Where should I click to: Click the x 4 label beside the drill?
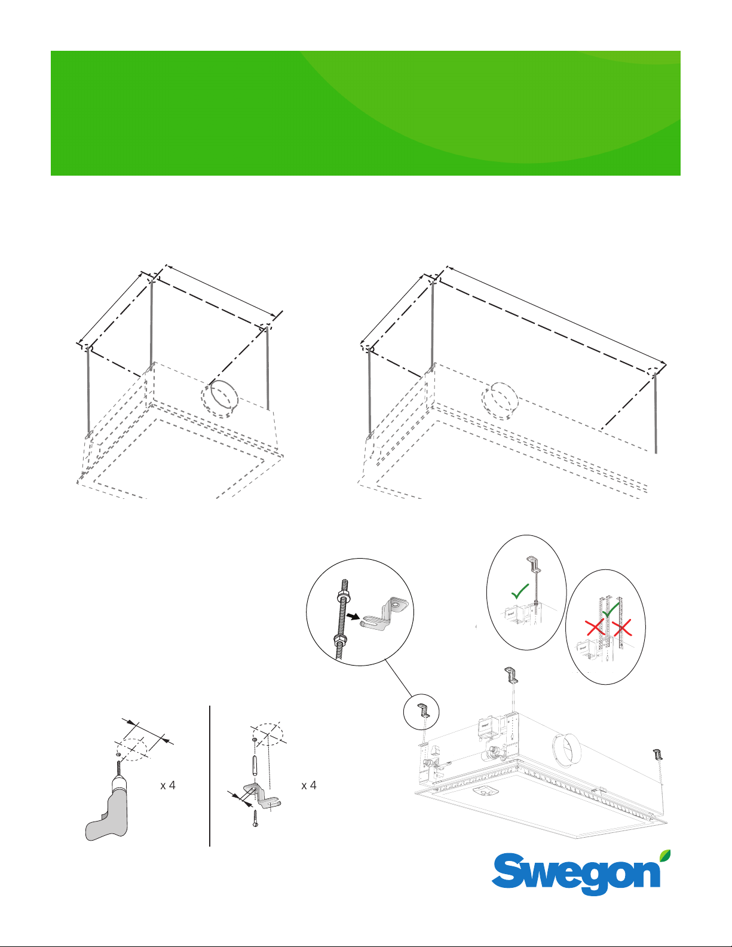pyautogui.click(x=168, y=785)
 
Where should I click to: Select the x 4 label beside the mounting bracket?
pyautogui.click(x=309, y=785)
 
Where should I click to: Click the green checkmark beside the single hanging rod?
pyautogui.click(x=520, y=592)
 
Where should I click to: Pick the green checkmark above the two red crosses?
pyautogui.click(x=611, y=610)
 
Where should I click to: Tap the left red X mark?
pyautogui.click(x=595, y=629)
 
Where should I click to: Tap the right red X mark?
pyautogui.click(x=622, y=628)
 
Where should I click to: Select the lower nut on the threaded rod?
pyautogui.click(x=339, y=640)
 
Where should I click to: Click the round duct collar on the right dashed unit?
pyautogui.click(x=500, y=400)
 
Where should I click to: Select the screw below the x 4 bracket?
pyautogui.click(x=255, y=818)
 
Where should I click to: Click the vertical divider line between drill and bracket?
pyautogui.click(x=210, y=776)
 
